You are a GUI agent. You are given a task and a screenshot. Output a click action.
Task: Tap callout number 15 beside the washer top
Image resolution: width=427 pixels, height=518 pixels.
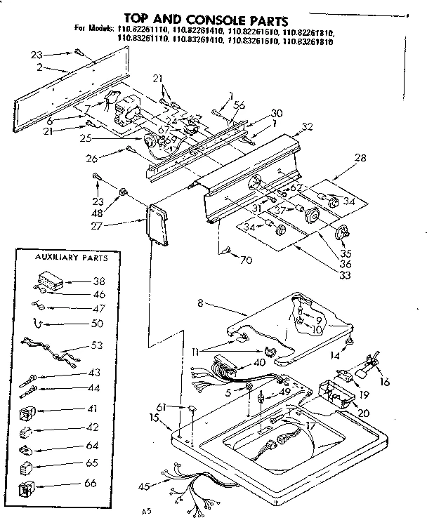click(154, 419)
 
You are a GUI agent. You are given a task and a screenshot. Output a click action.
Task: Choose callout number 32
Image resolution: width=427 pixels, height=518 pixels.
click(307, 127)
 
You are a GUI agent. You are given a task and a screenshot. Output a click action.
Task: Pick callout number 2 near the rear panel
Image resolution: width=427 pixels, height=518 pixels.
click(41, 68)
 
